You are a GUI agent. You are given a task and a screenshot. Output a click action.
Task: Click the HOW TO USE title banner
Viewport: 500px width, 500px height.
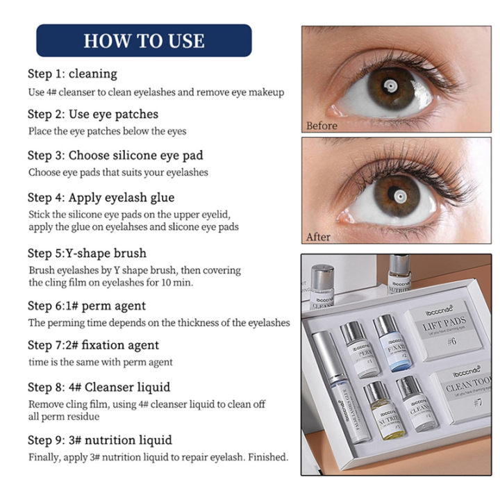[144, 40]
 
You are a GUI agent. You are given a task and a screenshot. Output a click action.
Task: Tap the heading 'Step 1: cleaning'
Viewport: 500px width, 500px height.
[72, 74]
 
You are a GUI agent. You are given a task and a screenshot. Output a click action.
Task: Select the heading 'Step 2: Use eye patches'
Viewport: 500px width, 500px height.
[93, 114]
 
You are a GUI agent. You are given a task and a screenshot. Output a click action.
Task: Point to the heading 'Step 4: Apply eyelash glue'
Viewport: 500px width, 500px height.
[101, 198]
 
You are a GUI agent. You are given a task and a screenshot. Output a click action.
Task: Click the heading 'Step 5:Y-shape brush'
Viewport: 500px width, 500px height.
[87, 253]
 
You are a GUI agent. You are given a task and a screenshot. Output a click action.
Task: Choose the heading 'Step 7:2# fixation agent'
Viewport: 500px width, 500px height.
[93, 345]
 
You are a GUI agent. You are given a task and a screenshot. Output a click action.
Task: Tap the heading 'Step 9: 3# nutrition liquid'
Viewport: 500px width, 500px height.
[100, 440]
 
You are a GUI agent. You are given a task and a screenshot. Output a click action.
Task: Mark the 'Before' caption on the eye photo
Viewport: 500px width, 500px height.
[322, 126]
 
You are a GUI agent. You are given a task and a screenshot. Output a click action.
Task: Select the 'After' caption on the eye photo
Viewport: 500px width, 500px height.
[319, 237]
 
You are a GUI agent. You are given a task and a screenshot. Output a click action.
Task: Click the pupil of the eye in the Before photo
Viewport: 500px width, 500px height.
[392, 86]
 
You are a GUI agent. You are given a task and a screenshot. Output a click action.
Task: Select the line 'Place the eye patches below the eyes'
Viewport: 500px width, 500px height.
[107, 131]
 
